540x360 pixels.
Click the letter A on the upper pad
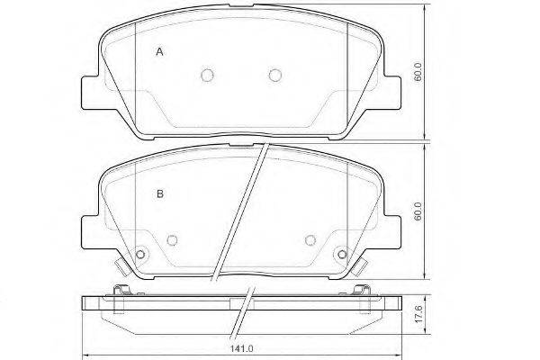tap(159, 52)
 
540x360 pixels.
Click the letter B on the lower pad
tap(160, 194)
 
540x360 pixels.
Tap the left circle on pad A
tap(207, 75)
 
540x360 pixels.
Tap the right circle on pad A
tap(274, 75)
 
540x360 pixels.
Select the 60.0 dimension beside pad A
tap(418, 72)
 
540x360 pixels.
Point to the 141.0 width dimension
tap(242, 348)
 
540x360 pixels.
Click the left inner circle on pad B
tap(172, 239)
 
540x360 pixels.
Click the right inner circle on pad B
tap(310, 239)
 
